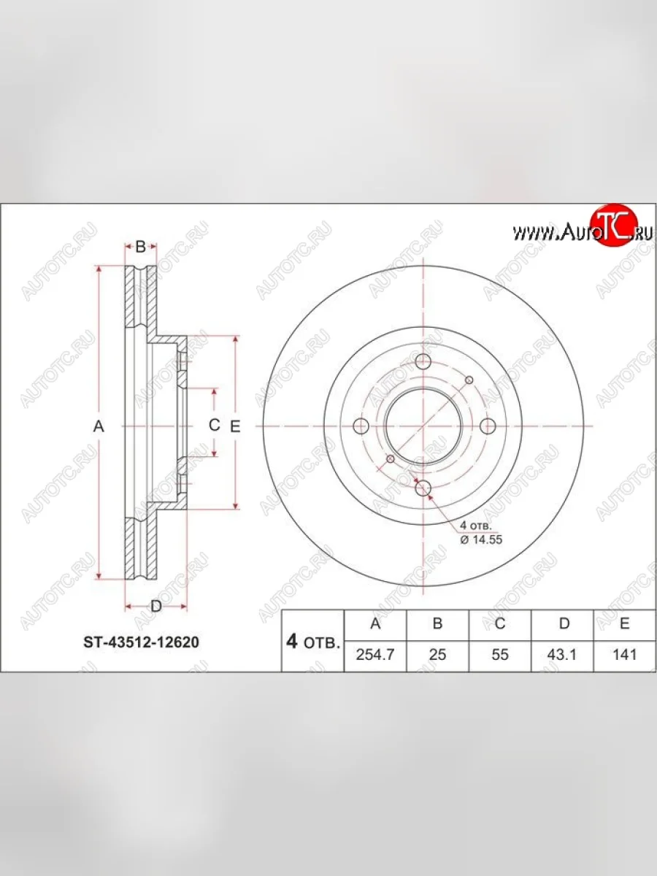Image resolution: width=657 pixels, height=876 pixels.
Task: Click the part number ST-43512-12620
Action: (x=139, y=643)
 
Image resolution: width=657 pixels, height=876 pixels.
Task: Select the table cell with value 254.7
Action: (x=375, y=654)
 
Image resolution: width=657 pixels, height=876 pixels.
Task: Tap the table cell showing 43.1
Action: (x=563, y=654)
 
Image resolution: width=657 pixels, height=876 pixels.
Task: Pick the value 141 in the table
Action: (x=625, y=654)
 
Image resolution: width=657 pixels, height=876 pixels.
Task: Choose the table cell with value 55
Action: (x=500, y=654)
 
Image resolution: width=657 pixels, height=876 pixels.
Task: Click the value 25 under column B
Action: (x=437, y=654)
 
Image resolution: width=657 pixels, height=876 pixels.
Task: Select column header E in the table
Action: (x=625, y=623)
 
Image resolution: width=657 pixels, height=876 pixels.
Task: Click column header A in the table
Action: (x=375, y=623)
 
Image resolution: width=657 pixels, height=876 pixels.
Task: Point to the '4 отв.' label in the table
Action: (x=313, y=642)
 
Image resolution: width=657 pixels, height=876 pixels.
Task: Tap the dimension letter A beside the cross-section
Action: (x=100, y=427)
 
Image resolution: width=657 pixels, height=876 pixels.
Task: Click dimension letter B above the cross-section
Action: (x=141, y=247)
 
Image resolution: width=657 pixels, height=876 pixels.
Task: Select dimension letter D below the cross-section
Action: (x=155, y=605)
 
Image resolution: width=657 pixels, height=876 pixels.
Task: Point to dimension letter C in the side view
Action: (x=214, y=425)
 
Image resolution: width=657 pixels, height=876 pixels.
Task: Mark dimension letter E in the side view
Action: (x=235, y=427)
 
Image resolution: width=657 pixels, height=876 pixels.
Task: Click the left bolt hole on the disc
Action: (x=360, y=427)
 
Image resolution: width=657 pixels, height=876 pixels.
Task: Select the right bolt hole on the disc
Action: (x=487, y=427)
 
